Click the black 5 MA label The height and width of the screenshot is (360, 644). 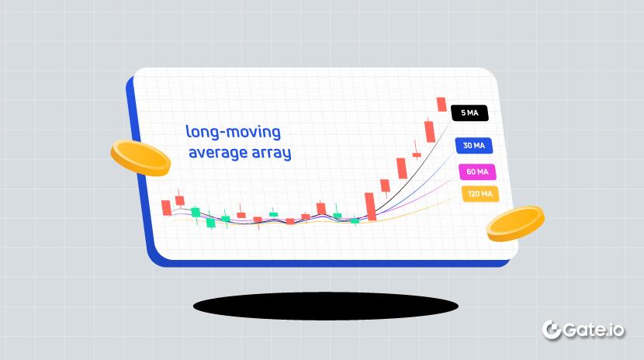tap(469, 112)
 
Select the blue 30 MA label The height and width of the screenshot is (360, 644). tap(473, 146)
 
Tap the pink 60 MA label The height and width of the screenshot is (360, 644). tap(477, 171)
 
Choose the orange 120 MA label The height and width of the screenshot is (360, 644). tap(480, 194)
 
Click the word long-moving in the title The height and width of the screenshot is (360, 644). tap(233, 131)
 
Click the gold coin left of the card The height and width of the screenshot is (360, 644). tap(140, 157)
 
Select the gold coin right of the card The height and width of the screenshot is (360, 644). tap(515, 223)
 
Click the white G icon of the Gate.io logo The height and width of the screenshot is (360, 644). tap(552, 329)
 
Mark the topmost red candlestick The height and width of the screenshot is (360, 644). tap(441, 104)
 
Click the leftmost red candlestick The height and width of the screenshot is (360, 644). tap(165, 208)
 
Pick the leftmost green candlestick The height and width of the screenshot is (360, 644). tap(196, 212)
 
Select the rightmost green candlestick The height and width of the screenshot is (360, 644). tap(355, 220)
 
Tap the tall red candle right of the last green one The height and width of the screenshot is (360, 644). tap(371, 206)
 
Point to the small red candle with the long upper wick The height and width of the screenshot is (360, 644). tap(417, 153)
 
